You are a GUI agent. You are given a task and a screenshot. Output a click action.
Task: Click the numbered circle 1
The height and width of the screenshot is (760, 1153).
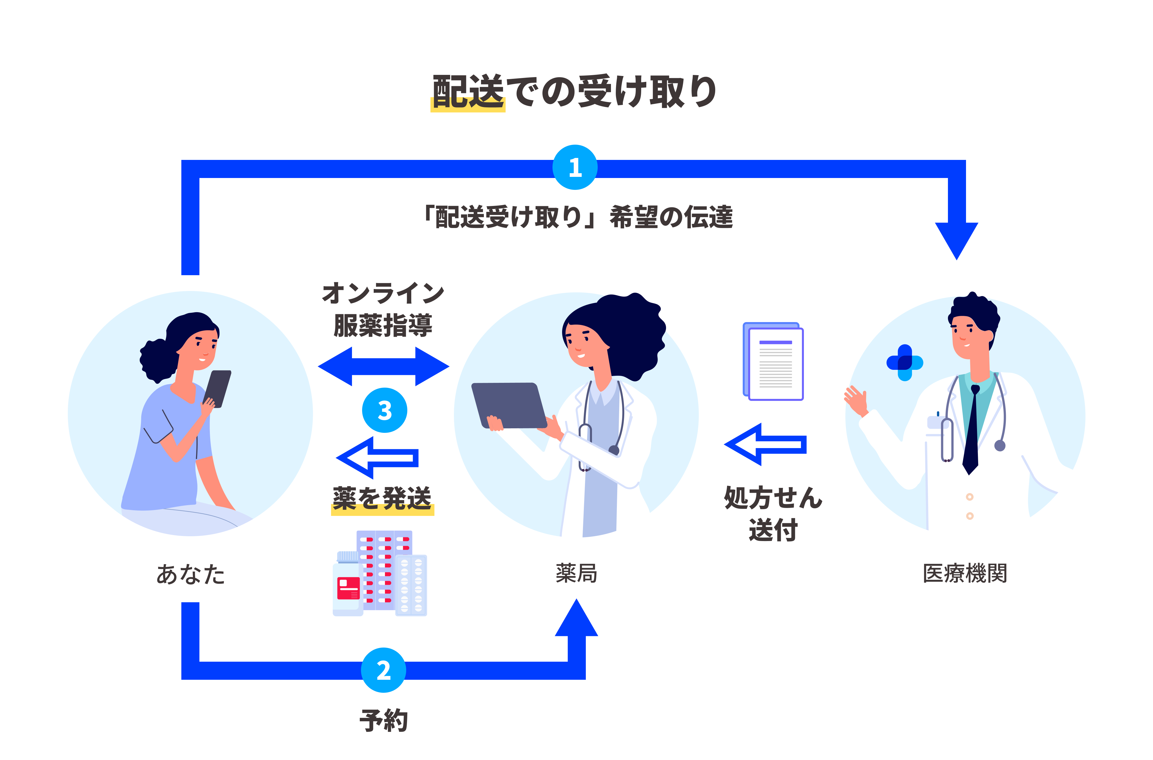[575, 167]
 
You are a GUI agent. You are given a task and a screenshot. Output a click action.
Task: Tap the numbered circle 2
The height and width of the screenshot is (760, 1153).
[383, 670]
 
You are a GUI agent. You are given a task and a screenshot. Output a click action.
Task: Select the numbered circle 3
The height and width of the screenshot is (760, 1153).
[385, 410]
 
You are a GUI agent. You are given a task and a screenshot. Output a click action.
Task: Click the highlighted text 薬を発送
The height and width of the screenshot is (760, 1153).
[382, 499]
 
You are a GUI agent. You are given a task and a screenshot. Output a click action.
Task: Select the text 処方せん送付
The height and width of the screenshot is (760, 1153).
[773, 513]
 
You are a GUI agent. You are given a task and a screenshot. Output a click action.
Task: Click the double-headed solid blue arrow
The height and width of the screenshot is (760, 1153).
[383, 366]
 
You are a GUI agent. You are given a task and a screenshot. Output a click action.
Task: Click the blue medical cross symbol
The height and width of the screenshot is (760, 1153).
[904, 362]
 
